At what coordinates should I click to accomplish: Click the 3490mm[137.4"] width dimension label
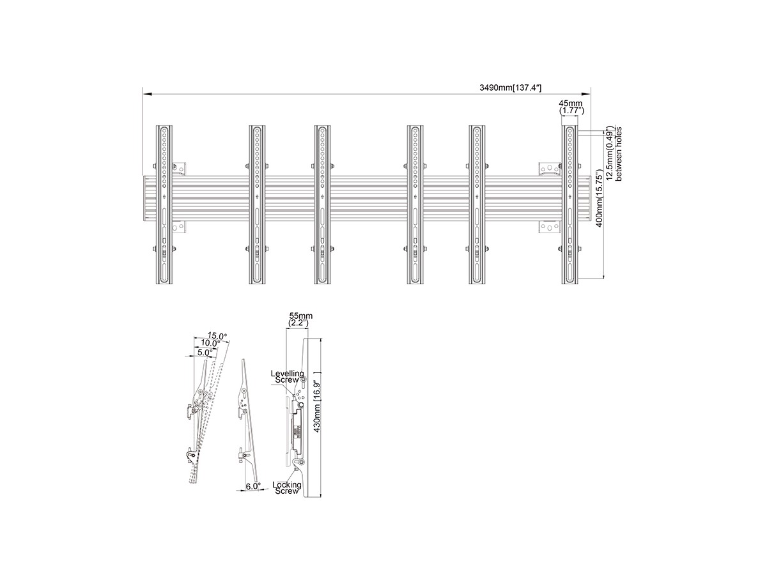click(510, 88)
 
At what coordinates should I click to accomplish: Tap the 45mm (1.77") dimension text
click(571, 107)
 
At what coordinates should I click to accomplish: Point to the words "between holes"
click(619, 154)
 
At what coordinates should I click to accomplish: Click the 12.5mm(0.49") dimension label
click(610, 153)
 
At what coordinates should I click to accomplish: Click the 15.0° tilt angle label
click(217, 336)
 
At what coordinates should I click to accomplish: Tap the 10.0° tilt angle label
click(210, 343)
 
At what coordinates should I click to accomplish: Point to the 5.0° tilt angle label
click(205, 353)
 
